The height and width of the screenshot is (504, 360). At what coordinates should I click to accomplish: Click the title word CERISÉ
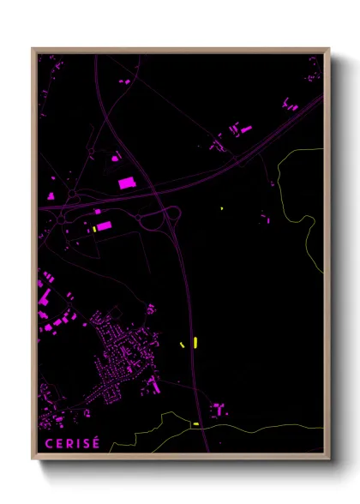71,443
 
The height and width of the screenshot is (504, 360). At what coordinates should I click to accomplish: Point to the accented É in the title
96,442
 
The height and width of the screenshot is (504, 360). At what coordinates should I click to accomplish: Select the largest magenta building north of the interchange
126,183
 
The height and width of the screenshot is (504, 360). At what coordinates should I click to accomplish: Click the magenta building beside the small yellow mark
104,226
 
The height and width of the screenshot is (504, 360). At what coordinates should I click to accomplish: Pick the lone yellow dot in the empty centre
221,208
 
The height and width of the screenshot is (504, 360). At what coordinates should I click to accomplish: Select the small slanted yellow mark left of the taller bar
182,344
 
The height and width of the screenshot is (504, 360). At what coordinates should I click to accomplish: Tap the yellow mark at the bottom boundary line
196,423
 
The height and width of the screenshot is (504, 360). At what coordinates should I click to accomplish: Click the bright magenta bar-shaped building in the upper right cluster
247,129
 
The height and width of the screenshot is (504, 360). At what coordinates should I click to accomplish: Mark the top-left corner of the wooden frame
33,49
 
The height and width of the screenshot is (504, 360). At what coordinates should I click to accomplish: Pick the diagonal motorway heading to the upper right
257,146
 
